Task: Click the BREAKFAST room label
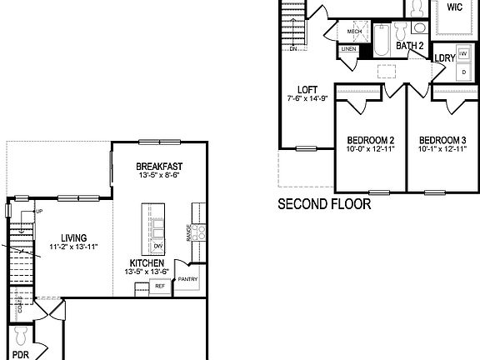click(x=158, y=167)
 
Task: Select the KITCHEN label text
click(x=147, y=263)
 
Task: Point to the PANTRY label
click(x=187, y=278)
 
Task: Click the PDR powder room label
click(x=21, y=354)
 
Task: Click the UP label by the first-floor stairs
click(x=37, y=211)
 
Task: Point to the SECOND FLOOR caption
click(x=323, y=203)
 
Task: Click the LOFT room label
click(x=308, y=90)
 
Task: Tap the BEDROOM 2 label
click(x=371, y=139)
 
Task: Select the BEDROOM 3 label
click(x=442, y=139)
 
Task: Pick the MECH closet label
click(x=354, y=32)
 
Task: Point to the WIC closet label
click(x=454, y=7)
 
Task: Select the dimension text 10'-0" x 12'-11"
click(x=371, y=148)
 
